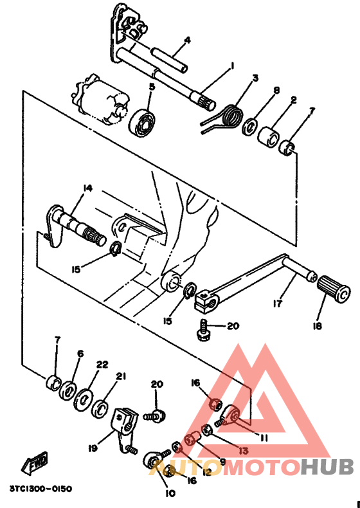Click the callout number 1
click(x=232, y=65)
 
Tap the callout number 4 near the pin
click(x=187, y=40)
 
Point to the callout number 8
click(x=277, y=91)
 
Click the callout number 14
click(x=87, y=188)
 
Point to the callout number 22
click(x=102, y=364)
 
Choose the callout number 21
click(x=120, y=376)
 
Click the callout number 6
click(x=80, y=353)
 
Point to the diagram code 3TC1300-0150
click(x=40, y=488)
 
